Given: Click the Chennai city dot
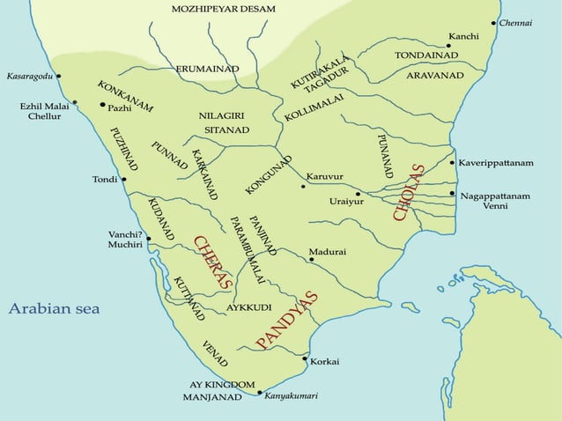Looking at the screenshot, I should [494, 23].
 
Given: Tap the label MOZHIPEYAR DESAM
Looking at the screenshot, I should [224, 9].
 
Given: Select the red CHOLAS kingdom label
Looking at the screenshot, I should [409, 193].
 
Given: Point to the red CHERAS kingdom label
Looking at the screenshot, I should [211, 262].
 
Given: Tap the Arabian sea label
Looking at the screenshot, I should [54, 309].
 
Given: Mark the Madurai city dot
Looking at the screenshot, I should [305, 260].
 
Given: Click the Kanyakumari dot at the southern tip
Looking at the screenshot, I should [259, 393].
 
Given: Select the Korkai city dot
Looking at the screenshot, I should [305, 359].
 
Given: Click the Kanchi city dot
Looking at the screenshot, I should [448, 46].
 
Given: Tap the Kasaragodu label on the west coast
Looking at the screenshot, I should [30, 77].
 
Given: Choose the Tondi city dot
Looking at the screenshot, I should [123, 180].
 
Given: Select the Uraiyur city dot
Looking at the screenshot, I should [358, 193].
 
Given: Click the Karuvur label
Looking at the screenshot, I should [325, 177].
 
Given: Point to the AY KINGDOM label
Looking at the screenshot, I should [222, 384].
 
